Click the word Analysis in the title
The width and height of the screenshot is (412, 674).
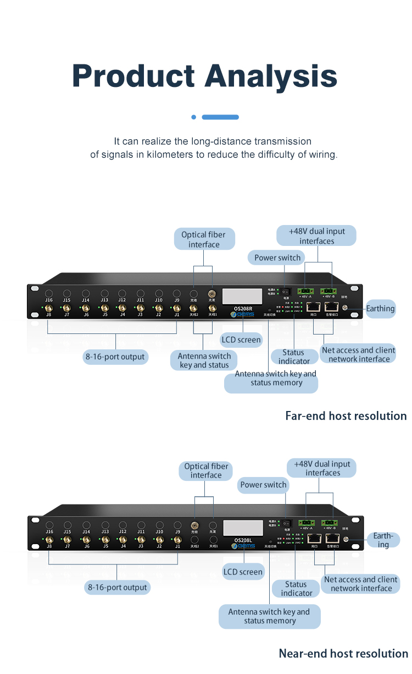[271, 76]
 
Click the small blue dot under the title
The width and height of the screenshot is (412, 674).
[193, 117]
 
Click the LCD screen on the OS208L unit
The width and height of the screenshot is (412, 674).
[242, 528]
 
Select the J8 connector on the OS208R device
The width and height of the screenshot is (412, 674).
[49, 308]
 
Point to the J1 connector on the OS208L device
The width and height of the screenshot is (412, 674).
[177, 539]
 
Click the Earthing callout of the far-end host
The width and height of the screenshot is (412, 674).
[380, 309]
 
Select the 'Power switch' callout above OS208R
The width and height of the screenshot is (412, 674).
[277, 257]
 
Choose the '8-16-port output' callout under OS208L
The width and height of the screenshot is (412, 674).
[117, 587]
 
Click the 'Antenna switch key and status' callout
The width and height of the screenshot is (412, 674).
[204, 360]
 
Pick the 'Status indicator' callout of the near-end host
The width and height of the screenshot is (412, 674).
[296, 589]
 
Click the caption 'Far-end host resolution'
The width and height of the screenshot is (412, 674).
[346, 416]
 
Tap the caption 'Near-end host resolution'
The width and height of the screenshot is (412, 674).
[343, 654]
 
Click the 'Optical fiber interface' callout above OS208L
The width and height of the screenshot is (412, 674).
[206, 471]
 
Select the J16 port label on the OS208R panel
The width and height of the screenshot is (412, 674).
[49, 300]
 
